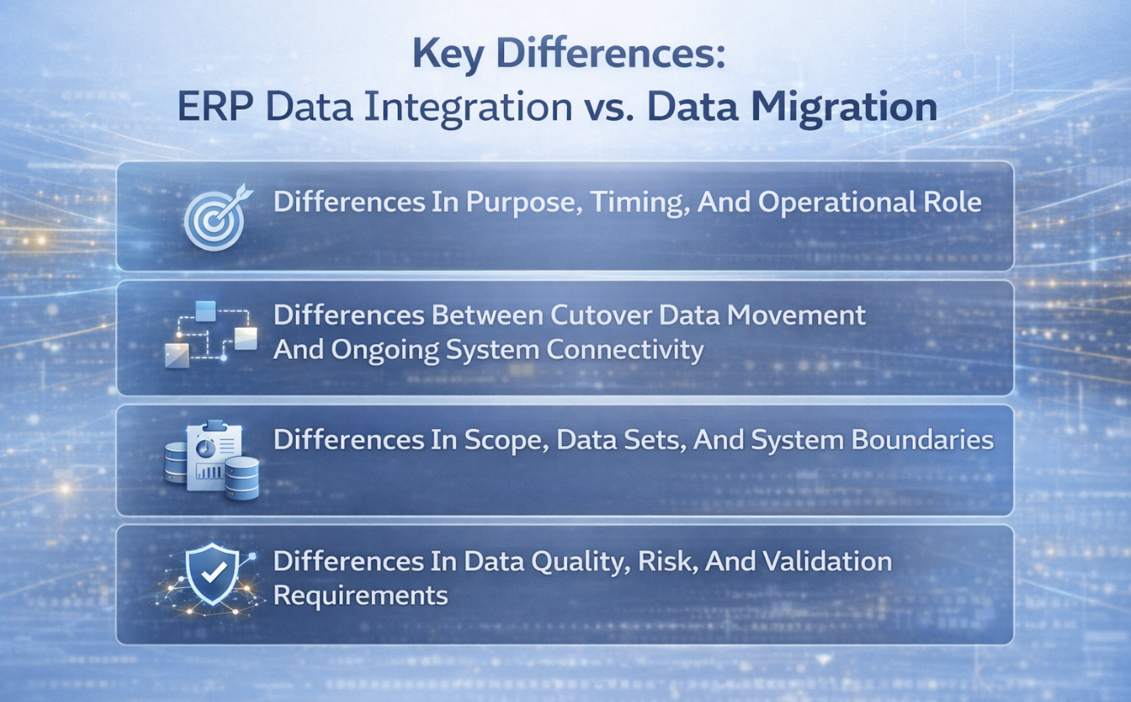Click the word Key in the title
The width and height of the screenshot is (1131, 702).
tap(447, 55)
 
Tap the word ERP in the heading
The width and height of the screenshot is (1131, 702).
tap(215, 106)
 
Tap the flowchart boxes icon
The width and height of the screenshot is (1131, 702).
tap(211, 335)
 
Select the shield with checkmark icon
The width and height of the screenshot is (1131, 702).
tap(212, 574)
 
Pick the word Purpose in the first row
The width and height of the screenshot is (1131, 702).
tap(520, 203)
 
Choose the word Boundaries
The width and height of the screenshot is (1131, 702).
tap(922, 439)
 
